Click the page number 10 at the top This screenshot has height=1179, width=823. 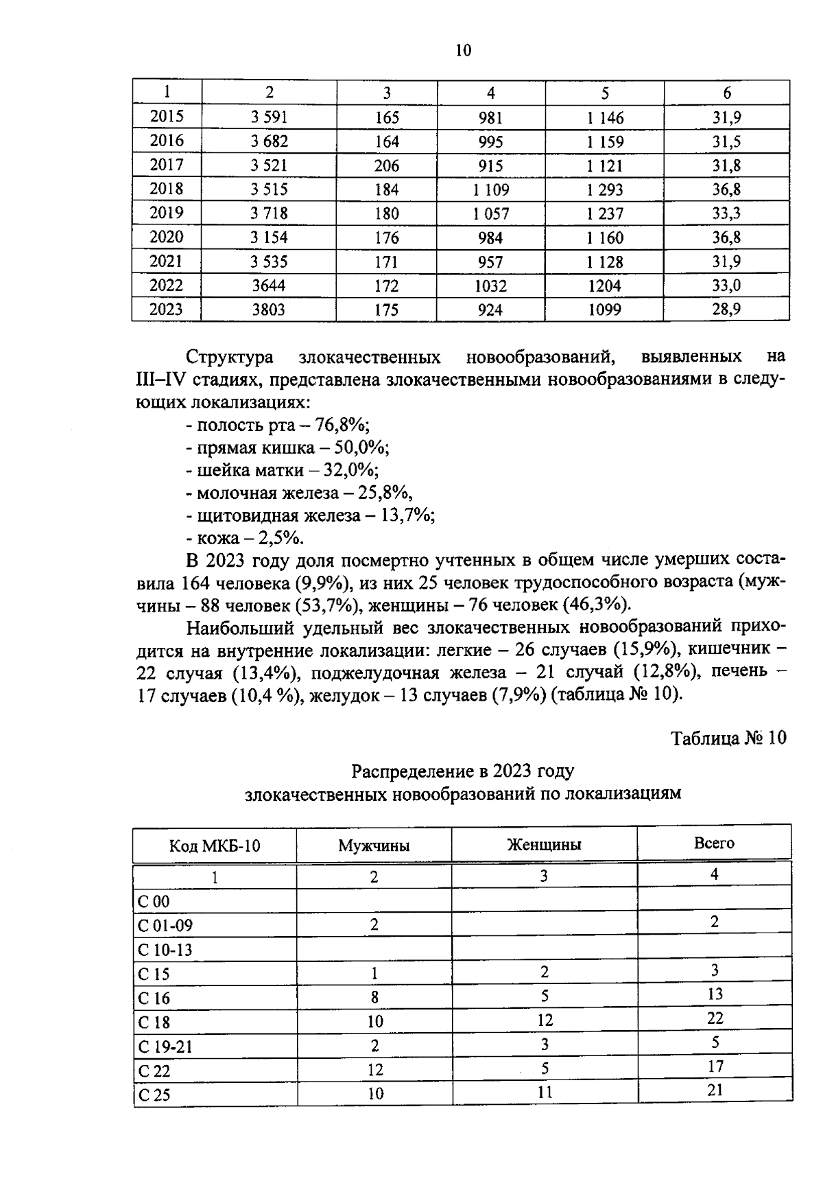[x=463, y=50]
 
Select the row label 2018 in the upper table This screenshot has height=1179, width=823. [x=167, y=189]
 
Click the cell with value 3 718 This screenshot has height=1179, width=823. [x=269, y=213]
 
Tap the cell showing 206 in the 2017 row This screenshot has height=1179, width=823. [x=387, y=165]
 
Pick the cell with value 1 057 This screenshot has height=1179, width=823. [x=490, y=213]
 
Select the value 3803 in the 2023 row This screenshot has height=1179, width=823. [x=268, y=310]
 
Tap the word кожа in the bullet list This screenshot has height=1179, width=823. [x=217, y=538]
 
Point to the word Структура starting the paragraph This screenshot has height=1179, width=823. [x=230, y=358]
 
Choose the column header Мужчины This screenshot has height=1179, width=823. [x=374, y=845]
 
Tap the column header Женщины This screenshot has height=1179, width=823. [x=544, y=845]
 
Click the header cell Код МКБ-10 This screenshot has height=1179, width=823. [x=215, y=845]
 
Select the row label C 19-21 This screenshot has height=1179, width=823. [x=165, y=1047]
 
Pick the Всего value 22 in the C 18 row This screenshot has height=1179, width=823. [x=715, y=1018]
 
